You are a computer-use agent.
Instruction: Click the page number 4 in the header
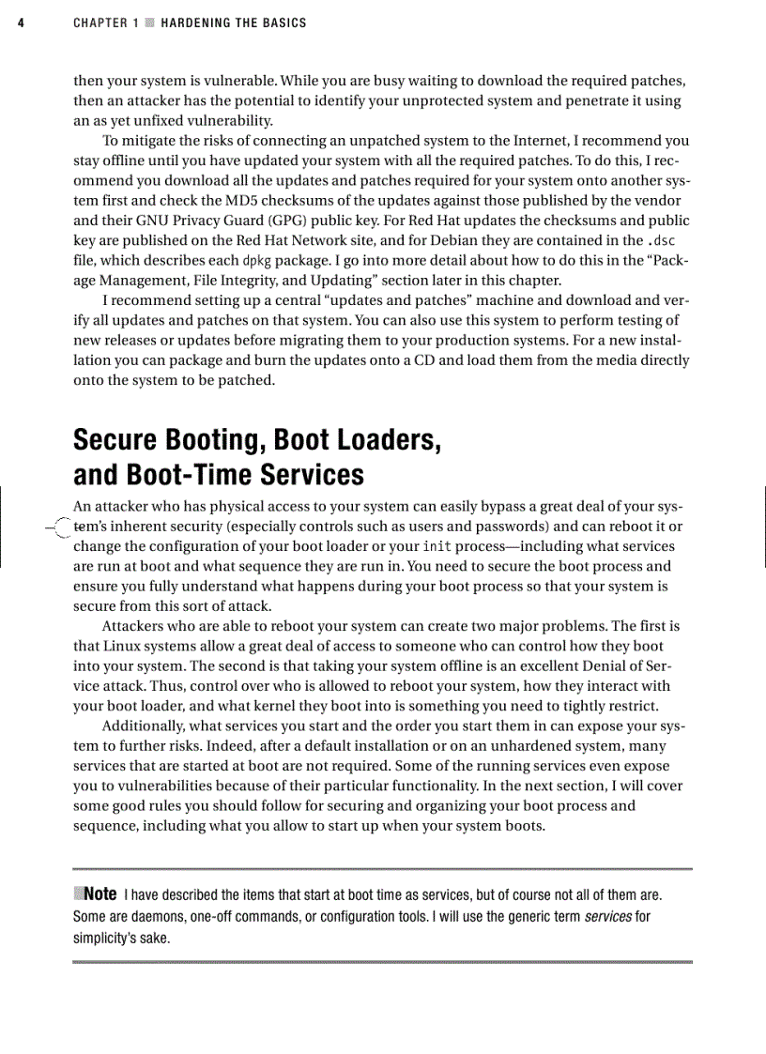pos(21,23)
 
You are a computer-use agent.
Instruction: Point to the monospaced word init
pos(437,546)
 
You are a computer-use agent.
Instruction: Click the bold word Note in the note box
pos(100,894)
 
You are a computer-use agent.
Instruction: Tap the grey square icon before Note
pos(78,893)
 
